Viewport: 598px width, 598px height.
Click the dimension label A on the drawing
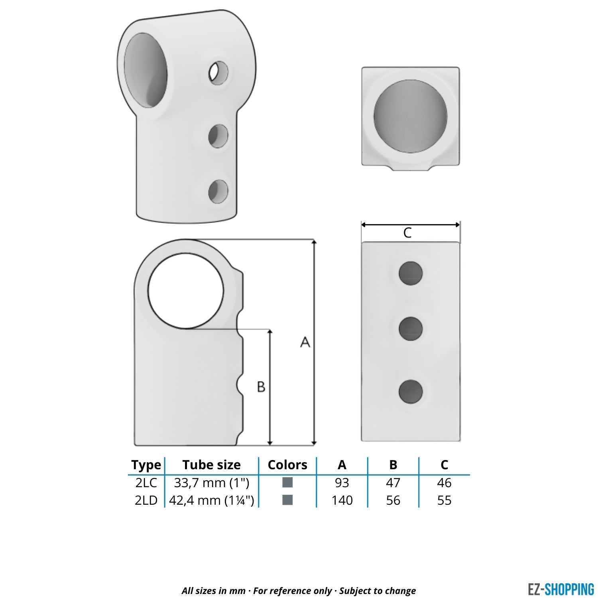coord(305,342)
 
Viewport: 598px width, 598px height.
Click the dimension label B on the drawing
coord(261,386)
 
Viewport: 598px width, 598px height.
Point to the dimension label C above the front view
coord(407,233)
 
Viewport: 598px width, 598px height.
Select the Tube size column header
coord(211,465)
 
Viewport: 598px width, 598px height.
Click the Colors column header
coord(287,465)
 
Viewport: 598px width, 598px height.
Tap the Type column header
coord(146,465)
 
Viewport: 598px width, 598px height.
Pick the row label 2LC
coord(146,483)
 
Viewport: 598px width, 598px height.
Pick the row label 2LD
coord(146,500)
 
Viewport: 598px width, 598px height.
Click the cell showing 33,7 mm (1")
coord(211,483)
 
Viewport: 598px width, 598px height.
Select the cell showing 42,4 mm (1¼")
coord(211,500)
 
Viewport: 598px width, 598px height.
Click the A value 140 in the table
coord(342,500)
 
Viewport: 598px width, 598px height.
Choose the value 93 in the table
coord(342,483)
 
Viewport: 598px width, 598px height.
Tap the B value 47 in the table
coord(393,483)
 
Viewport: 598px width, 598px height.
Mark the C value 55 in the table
coord(444,500)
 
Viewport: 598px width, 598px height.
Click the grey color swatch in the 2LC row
coord(287,482)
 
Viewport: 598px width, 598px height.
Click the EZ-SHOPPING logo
coord(561,589)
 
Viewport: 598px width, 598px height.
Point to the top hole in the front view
coord(411,273)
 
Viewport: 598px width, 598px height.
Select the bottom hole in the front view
coord(411,391)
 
